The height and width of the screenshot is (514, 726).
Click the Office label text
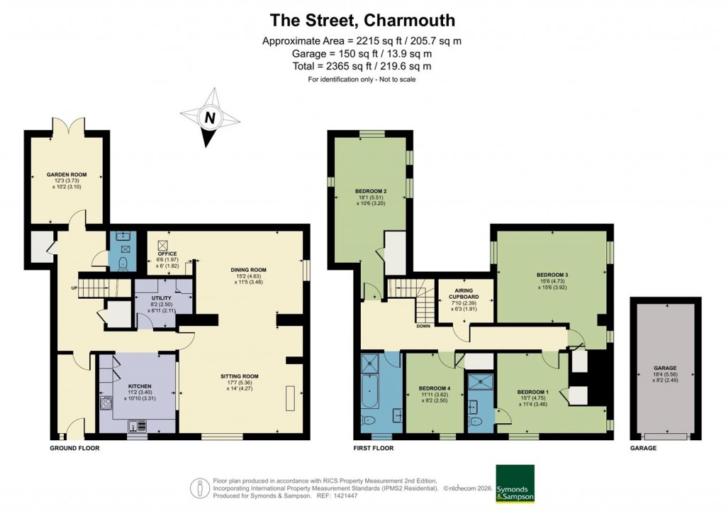click(x=167, y=253)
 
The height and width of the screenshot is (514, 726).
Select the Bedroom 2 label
click(x=370, y=191)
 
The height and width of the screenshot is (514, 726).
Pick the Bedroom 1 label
click(x=531, y=392)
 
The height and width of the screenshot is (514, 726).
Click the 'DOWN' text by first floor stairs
click(x=423, y=327)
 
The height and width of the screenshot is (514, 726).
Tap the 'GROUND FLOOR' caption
click(x=74, y=449)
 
